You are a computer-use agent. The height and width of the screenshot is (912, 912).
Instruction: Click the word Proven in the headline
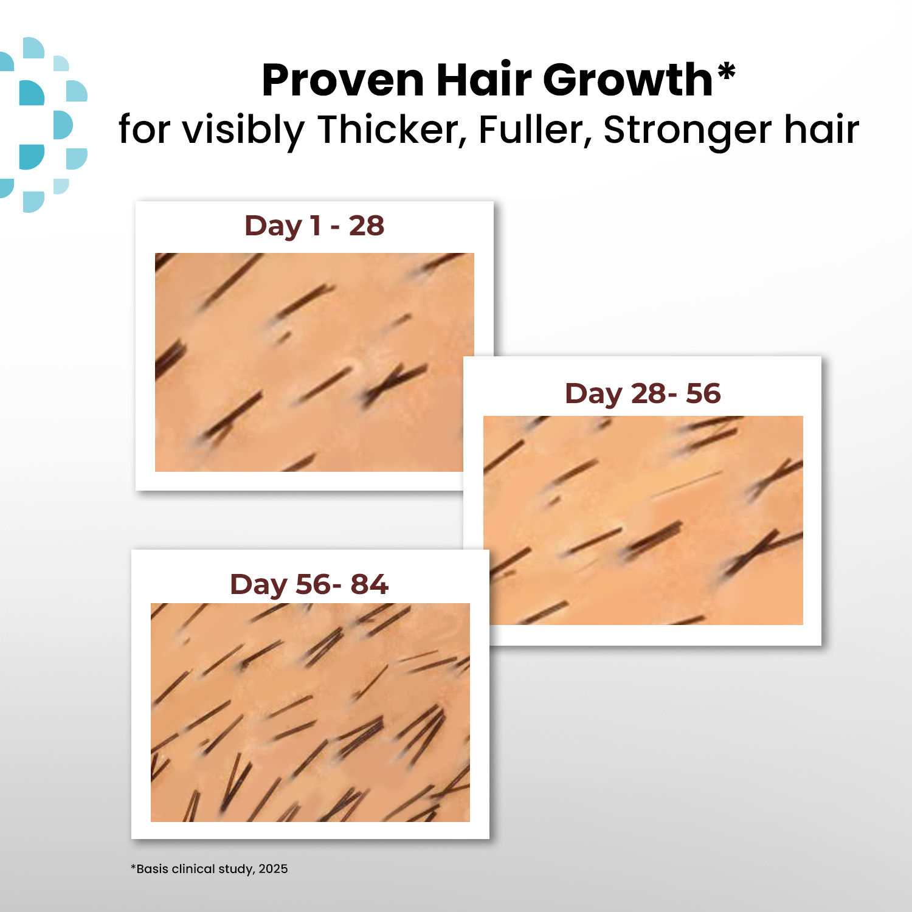(342, 81)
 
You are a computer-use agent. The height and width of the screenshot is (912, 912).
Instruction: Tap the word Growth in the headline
(627, 81)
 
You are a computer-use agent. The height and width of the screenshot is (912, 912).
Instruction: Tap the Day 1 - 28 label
(314, 226)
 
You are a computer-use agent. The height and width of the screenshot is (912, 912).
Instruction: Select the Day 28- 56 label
(643, 393)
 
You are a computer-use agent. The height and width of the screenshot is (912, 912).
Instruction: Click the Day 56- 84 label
(309, 584)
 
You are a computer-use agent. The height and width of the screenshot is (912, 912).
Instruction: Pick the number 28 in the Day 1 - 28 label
(366, 226)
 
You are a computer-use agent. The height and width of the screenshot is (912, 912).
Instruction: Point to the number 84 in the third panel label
(369, 584)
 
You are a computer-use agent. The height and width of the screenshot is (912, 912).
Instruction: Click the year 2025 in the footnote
(273, 869)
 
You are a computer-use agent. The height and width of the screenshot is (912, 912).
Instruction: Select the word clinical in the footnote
(193, 869)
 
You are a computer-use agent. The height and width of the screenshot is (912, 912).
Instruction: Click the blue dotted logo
(43, 125)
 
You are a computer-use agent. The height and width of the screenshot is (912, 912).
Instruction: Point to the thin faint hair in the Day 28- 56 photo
(687, 484)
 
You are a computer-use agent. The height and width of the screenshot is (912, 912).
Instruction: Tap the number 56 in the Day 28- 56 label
(703, 393)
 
